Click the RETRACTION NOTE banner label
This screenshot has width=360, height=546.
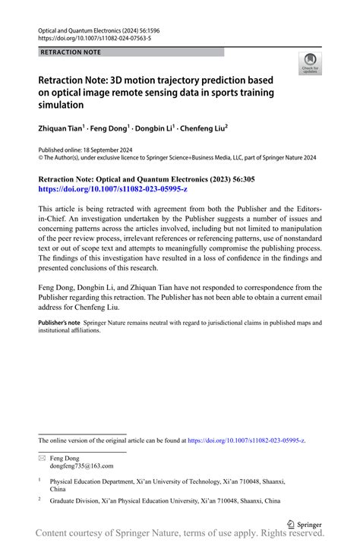click(x=70, y=52)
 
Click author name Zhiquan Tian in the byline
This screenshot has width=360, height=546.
click(x=64, y=129)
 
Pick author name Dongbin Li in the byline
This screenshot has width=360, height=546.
click(x=152, y=129)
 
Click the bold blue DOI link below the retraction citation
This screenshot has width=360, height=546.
click(x=103, y=188)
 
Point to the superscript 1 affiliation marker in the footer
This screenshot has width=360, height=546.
click(x=39, y=481)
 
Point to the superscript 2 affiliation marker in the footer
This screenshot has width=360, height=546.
click(x=39, y=500)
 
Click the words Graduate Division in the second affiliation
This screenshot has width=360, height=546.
click(x=75, y=501)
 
